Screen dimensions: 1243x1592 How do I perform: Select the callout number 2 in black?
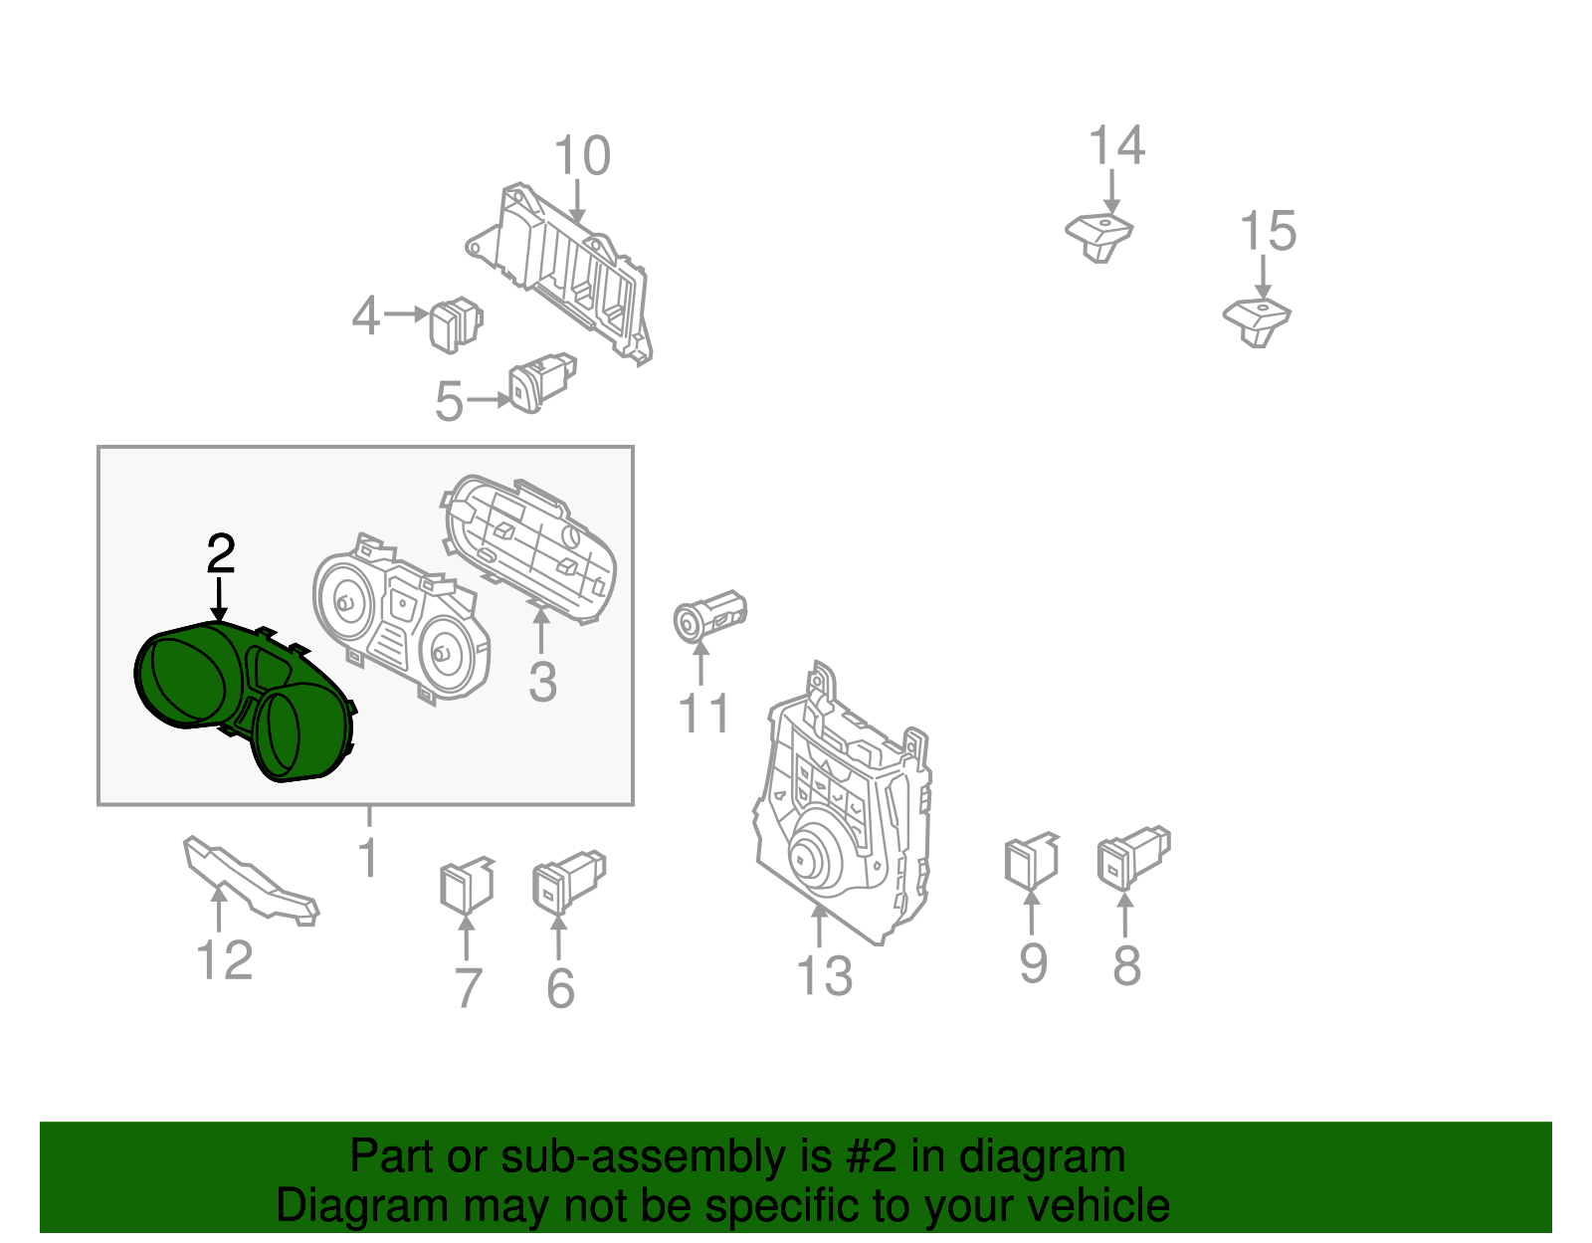(x=221, y=554)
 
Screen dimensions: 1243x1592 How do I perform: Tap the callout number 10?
(x=582, y=157)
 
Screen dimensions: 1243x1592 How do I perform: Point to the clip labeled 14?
(x=1099, y=236)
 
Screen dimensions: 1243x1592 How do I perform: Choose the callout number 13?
(x=824, y=976)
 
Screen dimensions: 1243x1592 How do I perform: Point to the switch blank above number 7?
(x=465, y=885)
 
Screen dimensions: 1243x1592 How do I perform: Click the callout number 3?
(x=542, y=683)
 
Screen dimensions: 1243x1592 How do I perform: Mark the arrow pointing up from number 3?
(x=541, y=631)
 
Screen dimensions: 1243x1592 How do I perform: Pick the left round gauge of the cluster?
(x=343, y=603)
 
